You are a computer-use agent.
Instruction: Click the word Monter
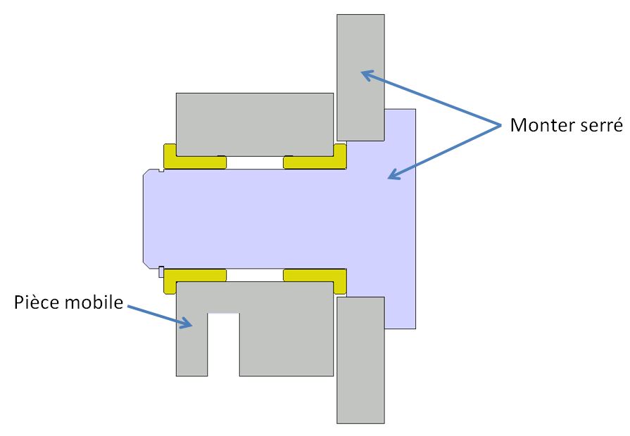pyautogui.click(x=540, y=126)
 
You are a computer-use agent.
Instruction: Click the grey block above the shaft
pyautogui.click(x=255, y=123)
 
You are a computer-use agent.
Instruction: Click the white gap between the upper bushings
pyautogui.click(x=255, y=162)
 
